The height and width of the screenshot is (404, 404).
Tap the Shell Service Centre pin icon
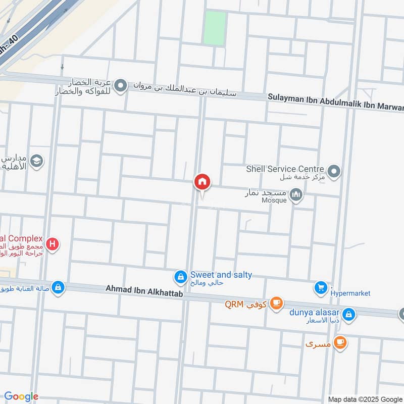point(333,172)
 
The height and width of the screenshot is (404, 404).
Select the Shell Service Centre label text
point(285,169)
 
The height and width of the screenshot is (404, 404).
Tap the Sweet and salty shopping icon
point(180,277)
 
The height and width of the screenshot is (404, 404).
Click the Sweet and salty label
point(221,275)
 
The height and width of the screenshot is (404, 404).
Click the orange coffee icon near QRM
point(276,303)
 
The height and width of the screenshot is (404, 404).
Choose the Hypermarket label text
point(350,293)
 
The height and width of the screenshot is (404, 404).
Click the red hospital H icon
point(52,245)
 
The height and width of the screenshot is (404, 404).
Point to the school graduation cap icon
point(37,161)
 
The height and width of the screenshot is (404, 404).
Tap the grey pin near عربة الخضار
point(120,86)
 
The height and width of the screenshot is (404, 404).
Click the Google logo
point(21,396)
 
